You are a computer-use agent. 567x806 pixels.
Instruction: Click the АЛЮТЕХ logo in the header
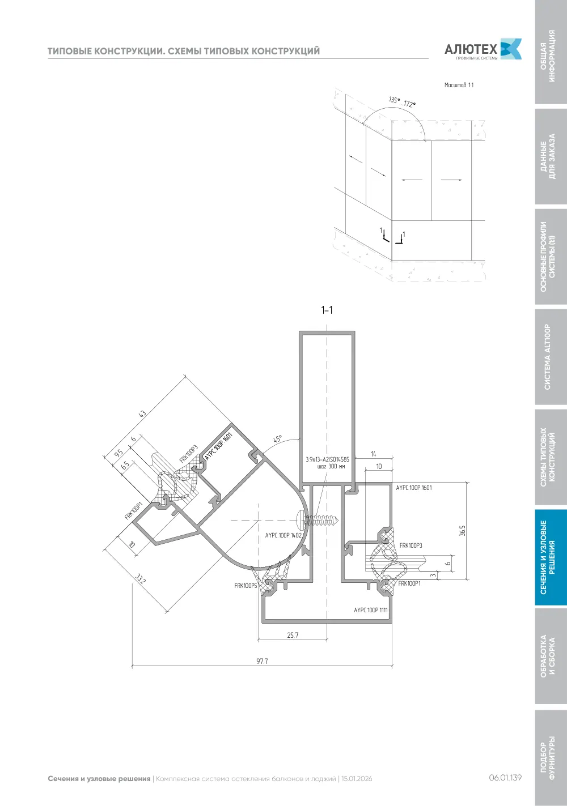[483, 49]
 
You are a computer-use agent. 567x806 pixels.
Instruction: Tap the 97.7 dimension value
[262, 661]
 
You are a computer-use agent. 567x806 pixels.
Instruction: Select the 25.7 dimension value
[293, 635]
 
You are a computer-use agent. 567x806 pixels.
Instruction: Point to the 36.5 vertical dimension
[462, 530]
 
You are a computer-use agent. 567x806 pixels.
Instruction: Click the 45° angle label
[278, 439]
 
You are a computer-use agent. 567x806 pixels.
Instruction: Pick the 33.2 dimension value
[140, 579]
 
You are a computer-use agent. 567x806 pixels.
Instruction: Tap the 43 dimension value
[142, 414]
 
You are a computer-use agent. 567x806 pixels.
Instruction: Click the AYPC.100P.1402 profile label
[283, 535]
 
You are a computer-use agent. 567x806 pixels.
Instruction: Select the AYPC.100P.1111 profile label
[371, 610]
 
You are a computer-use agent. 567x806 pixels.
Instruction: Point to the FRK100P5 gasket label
[246, 586]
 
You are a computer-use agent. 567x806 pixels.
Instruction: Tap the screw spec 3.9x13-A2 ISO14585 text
[328, 459]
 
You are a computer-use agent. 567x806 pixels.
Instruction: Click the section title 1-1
[327, 310]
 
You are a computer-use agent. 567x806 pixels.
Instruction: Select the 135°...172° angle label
[402, 102]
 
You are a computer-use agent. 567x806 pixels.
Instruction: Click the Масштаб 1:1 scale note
[459, 86]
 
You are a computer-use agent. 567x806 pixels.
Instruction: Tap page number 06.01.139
[505, 778]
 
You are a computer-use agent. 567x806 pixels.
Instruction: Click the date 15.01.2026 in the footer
[357, 779]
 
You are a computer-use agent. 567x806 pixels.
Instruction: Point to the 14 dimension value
[374, 454]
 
